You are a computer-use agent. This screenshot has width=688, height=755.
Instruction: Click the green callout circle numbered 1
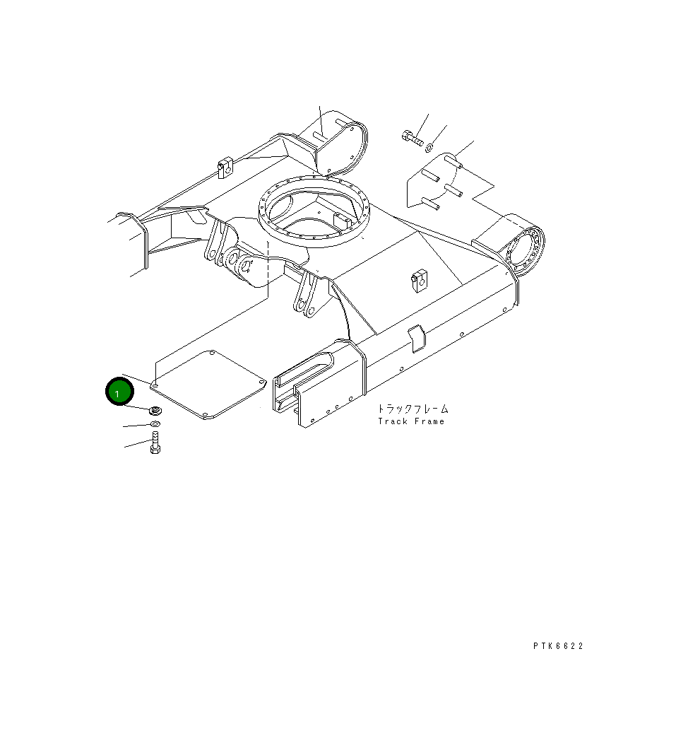[119, 392]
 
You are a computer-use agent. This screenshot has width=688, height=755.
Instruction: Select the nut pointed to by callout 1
[155, 410]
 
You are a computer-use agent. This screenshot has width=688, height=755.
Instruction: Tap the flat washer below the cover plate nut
[155, 424]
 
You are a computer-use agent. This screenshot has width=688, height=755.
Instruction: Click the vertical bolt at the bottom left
[155, 443]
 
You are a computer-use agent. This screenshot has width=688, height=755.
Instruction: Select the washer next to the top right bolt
[431, 147]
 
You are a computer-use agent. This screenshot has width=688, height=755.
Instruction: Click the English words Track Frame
[411, 421]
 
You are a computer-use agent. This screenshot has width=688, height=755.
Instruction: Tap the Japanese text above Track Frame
[411, 409]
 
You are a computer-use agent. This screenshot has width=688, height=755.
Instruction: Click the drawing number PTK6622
[558, 645]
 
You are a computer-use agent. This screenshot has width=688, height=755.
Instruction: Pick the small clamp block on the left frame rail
[225, 168]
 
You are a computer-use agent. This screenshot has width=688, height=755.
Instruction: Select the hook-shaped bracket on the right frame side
[417, 335]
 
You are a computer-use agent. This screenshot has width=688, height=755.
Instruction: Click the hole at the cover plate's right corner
[261, 382]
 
